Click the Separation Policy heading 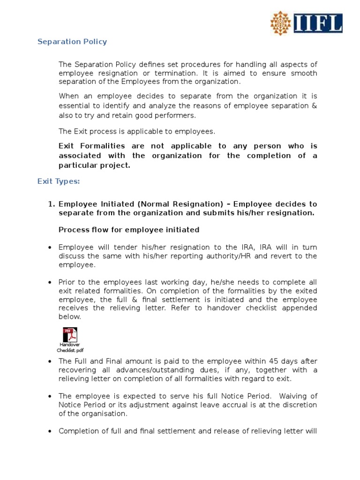tap(72, 42)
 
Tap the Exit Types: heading tap(59, 182)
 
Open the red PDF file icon tap(70, 335)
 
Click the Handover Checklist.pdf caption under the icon tap(70, 347)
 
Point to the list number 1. tap(51, 204)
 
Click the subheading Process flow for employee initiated tap(129, 230)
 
